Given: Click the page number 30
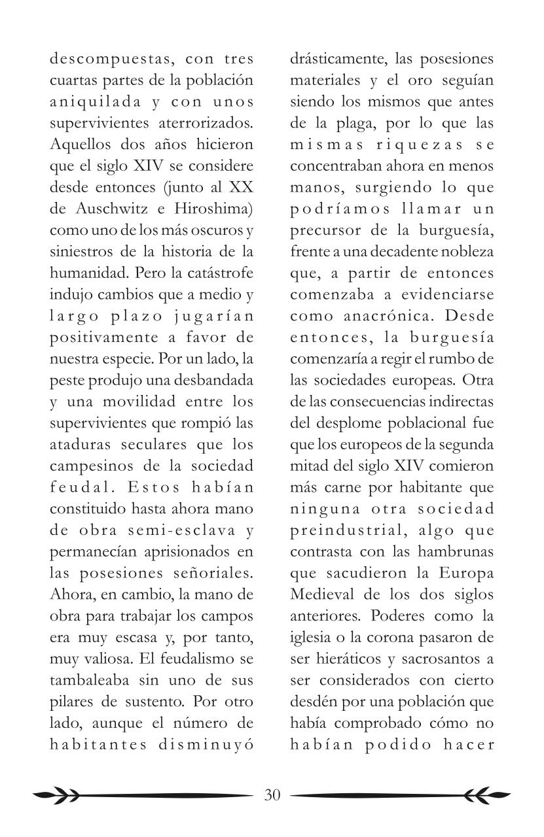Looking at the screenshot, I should (272, 795).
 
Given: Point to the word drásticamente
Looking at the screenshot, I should (339, 60).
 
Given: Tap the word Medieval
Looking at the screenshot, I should (324, 595).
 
